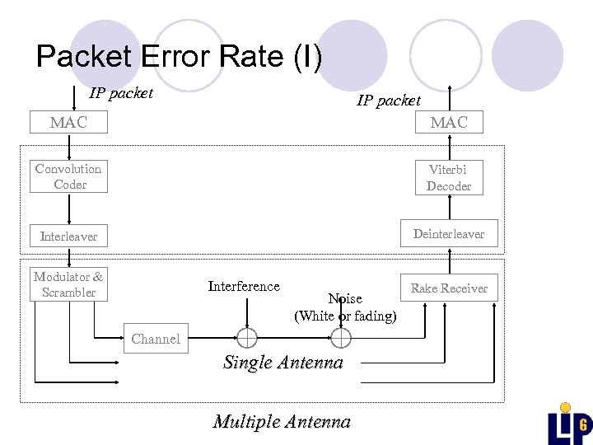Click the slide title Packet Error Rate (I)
tap(180, 57)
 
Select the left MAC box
tap(68, 123)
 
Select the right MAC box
tap(449, 123)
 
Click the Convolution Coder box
tap(69, 176)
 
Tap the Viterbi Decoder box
tap(449, 177)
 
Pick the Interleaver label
tap(69, 237)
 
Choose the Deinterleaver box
tap(449, 234)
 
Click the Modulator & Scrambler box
tap(69, 284)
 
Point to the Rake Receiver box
tap(449, 288)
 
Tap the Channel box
tap(156, 339)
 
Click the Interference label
tap(244, 286)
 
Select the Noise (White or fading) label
tap(345, 307)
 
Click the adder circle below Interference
tap(246, 338)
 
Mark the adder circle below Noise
tap(341, 338)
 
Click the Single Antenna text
tap(283, 363)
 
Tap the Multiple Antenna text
tap(282, 422)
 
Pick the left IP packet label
tap(121, 93)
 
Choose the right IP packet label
tap(389, 101)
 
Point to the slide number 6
tap(582, 425)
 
